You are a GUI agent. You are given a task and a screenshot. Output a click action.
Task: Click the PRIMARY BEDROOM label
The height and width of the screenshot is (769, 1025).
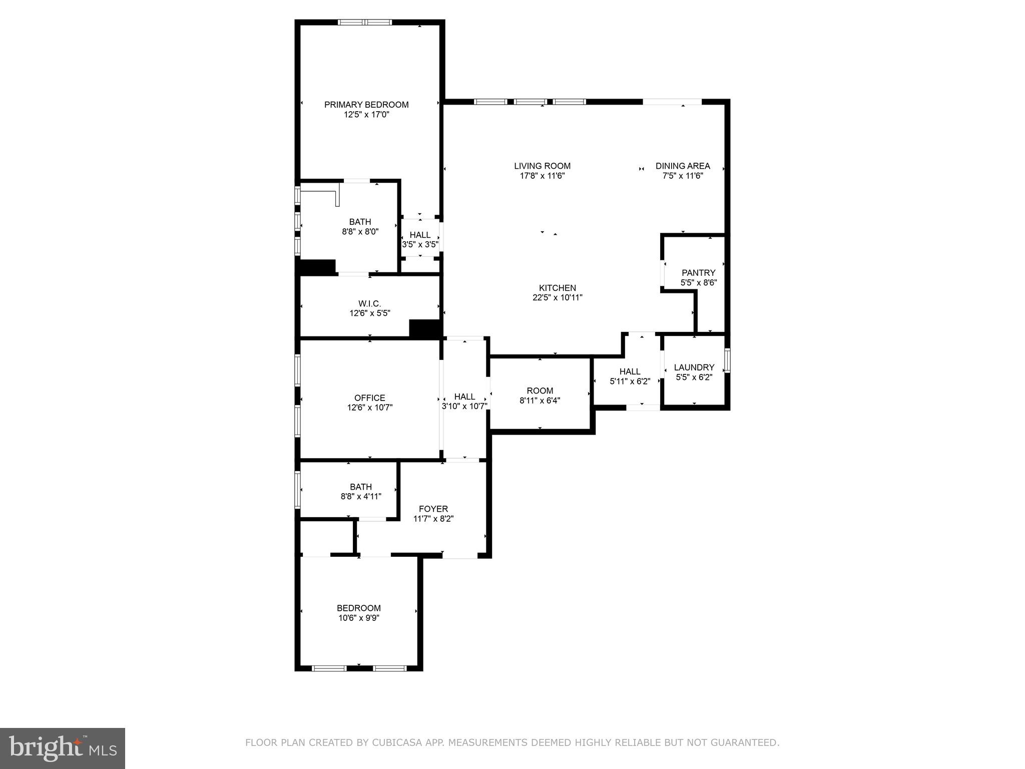[366, 105]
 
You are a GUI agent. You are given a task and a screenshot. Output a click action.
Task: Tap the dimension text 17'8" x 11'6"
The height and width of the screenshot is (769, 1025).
[542, 176]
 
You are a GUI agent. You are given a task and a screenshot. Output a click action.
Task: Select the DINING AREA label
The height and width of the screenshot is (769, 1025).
[683, 166]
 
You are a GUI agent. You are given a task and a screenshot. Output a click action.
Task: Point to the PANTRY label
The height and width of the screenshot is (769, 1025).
[698, 273]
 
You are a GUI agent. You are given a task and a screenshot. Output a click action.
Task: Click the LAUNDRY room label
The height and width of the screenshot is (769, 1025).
[694, 367]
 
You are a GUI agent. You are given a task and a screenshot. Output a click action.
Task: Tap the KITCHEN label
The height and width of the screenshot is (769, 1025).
[557, 288]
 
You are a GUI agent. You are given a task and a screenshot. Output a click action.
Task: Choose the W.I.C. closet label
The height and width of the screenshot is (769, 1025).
[369, 304]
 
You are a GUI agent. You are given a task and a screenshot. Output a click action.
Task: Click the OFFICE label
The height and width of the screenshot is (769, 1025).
[369, 398]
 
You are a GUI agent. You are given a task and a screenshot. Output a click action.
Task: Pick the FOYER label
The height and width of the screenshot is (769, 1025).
[433, 509]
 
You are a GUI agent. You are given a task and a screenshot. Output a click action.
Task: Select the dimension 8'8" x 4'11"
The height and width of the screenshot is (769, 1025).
[361, 497]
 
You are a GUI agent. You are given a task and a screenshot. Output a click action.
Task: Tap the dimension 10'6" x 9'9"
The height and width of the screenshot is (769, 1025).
[359, 618]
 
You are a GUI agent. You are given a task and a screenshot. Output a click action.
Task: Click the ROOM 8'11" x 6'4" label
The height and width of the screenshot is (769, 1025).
[540, 391]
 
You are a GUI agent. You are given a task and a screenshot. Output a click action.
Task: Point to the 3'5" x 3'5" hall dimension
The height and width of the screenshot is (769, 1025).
[420, 245]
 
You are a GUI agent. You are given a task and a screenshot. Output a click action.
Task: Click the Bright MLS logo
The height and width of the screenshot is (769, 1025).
[63, 748]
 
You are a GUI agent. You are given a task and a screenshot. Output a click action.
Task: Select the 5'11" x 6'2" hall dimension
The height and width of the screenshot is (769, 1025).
[630, 381]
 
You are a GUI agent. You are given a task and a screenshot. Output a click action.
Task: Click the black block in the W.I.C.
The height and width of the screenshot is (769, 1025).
[425, 328]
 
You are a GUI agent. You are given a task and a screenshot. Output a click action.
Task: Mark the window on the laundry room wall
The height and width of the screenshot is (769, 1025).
[727, 360]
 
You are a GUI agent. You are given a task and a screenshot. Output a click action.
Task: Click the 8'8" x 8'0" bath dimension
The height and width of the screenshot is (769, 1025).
[360, 232]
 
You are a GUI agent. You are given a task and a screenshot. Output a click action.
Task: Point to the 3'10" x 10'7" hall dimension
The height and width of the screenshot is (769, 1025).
[464, 407]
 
